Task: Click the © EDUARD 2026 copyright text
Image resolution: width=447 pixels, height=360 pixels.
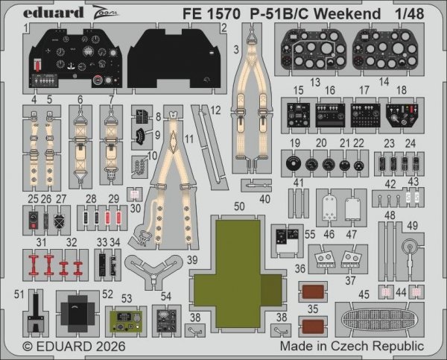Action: (73, 347)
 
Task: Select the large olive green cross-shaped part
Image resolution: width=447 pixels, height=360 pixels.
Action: (237, 280)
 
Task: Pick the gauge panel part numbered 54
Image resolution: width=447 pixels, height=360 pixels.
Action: (165, 319)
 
